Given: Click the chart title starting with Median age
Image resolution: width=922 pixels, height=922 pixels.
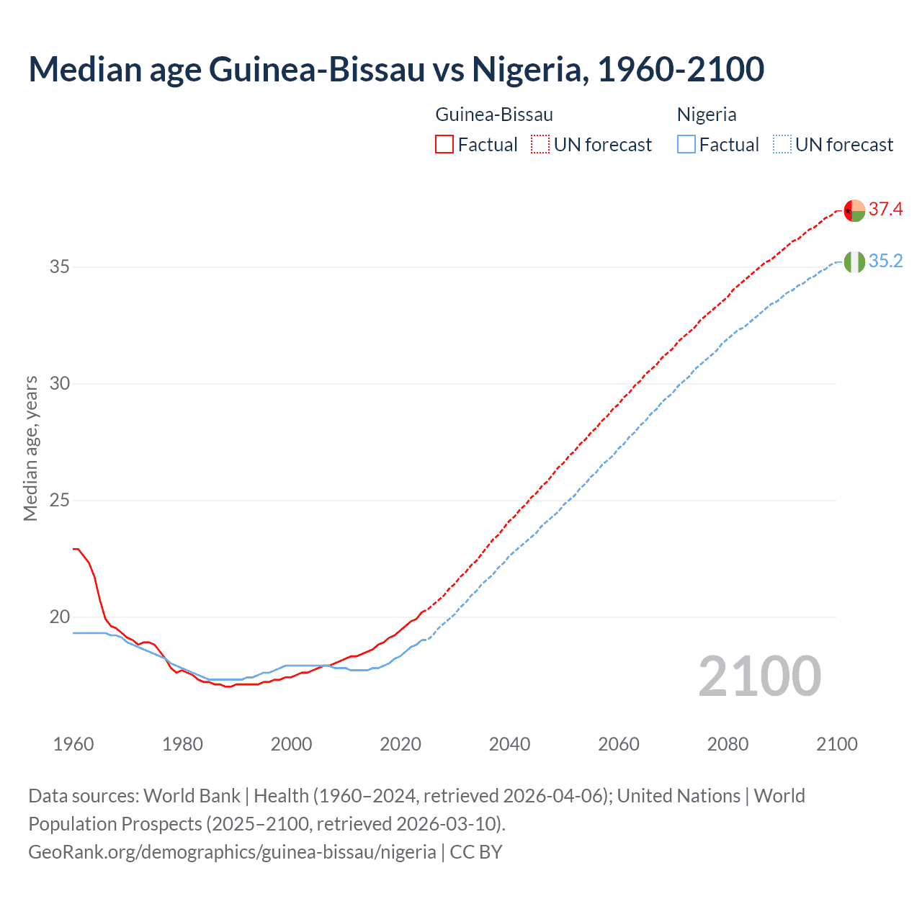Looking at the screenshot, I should (396, 69).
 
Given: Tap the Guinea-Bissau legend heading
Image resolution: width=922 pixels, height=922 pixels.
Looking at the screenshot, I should (494, 115).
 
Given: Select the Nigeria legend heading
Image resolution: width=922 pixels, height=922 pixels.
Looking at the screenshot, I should (706, 115).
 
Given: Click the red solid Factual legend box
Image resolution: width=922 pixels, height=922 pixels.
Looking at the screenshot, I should (444, 145).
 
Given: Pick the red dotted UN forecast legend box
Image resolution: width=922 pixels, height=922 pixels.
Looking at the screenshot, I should (540, 145).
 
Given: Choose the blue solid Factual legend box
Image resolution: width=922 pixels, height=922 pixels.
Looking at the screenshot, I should (686, 145).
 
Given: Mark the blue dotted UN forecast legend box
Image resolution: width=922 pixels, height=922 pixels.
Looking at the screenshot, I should (782, 145).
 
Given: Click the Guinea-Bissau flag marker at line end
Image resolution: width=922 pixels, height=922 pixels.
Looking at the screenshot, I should (854, 210).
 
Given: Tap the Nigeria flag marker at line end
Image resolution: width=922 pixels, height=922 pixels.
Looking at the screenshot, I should (854, 262).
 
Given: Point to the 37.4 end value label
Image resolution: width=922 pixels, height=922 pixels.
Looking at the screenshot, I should (885, 210).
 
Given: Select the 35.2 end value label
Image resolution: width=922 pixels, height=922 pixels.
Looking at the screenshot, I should (885, 261).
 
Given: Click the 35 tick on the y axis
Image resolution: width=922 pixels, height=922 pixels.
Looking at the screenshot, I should (60, 267).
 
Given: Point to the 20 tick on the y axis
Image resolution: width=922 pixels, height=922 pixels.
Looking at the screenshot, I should (60, 617).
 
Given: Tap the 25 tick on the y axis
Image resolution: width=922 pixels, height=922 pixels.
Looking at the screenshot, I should (60, 501).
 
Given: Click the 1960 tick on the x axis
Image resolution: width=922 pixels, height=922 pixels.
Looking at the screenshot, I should (73, 744).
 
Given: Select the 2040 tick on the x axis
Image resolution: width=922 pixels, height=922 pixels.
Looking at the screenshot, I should (509, 744).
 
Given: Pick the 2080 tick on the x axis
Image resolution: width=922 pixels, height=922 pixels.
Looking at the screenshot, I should (728, 744).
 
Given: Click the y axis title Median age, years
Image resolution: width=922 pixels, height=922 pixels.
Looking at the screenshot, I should (30, 448).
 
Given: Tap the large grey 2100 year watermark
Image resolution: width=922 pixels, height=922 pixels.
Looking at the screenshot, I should (759, 676).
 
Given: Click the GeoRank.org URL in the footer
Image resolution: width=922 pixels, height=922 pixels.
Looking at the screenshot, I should (232, 852).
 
